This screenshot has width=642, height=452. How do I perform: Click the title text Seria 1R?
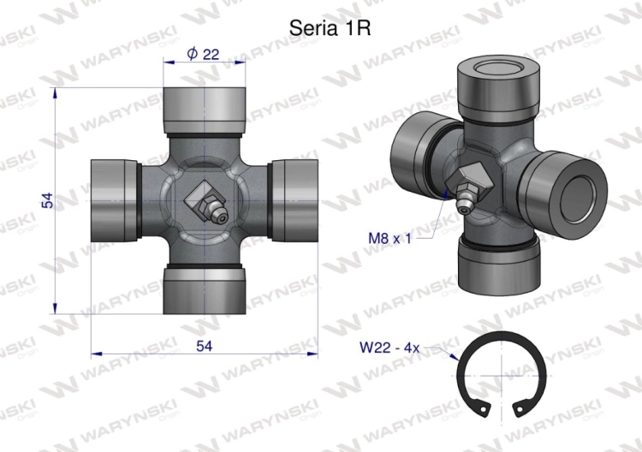pos(330,28)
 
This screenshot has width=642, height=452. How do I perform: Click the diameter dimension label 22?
pos(211,54)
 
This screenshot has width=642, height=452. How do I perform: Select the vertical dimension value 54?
pos(48,200)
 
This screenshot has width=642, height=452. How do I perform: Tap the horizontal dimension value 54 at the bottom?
pos(205,346)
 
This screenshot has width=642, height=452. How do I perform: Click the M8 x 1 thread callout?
pos(389,238)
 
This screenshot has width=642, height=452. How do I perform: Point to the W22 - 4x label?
pos(389,348)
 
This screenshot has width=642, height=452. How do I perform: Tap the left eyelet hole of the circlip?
pos(484,409)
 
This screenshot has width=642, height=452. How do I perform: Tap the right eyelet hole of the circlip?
pos(520,408)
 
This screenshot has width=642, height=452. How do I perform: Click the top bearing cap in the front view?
pos(205,110)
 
